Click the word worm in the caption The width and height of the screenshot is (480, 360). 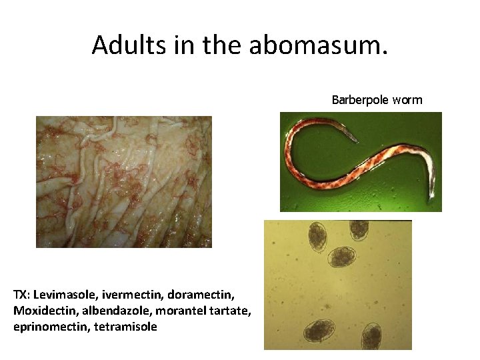[x=407, y=100]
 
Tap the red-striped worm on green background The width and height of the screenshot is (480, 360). [x=360, y=160]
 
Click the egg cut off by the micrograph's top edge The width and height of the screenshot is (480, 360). [x=359, y=229]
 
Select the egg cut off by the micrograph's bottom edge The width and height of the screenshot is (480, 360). [x=371, y=337]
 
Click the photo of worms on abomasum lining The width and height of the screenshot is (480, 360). [x=123, y=181]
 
